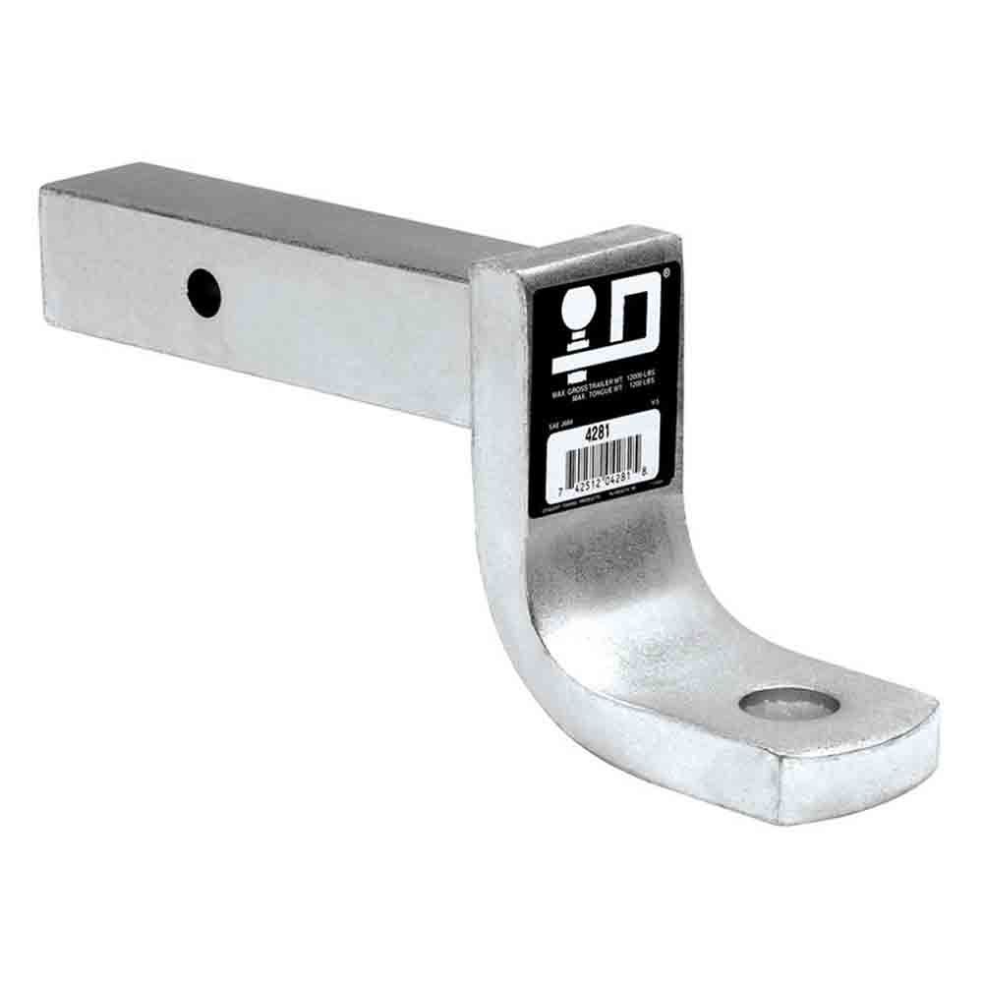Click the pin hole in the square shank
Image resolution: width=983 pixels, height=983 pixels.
coord(204,292)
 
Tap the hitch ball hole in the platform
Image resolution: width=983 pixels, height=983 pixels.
coord(788,703)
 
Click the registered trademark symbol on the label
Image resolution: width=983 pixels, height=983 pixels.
coord(668,266)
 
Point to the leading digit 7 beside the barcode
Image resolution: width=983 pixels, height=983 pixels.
coord(557,486)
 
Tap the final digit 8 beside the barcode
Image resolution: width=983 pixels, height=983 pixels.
coord(645,476)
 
